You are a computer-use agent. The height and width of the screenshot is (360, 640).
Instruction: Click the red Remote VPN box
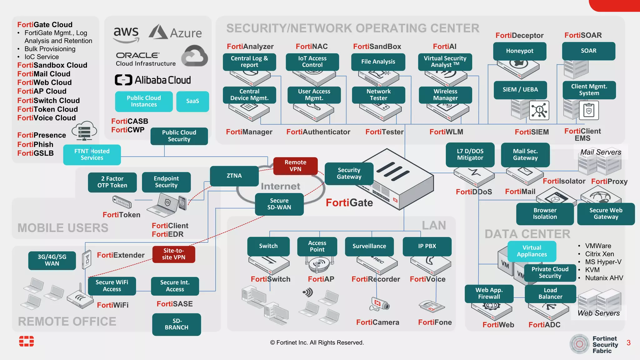click(x=295, y=166)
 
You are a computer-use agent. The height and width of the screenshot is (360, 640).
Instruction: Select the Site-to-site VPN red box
click(x=174, y=254)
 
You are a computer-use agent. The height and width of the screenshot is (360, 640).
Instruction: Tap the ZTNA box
click(x=234, y=176)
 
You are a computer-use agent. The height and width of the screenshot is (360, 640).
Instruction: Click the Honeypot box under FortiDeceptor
click(x=520, y=51)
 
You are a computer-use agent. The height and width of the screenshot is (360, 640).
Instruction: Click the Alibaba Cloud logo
click(x=153, y=80)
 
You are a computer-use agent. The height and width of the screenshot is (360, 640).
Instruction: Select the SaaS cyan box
click(x=192, y=101)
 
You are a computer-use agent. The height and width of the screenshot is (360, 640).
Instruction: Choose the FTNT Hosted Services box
click(x=92, y=154)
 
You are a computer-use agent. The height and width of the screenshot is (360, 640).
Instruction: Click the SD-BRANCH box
click(x=177, y=324)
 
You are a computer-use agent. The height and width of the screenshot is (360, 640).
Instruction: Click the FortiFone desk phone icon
click(x=432, y=306)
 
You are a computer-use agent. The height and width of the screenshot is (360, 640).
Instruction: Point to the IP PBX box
click(x=427, y=246)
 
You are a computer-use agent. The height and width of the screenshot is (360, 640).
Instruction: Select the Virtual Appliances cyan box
click(x=532, y=251)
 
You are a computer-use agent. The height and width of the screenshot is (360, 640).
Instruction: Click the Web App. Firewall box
click(x=489, y=293)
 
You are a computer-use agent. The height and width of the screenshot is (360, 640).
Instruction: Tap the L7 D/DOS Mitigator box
click(x=470, y=155)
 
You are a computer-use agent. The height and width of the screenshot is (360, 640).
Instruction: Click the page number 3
click(x=628, y=343)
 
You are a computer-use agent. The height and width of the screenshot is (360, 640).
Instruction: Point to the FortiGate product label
click(x=349, y=203)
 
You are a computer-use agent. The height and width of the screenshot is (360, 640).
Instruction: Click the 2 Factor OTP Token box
click(x=112, y=182)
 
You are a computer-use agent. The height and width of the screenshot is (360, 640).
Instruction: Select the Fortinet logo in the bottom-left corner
click(x=27, y=341)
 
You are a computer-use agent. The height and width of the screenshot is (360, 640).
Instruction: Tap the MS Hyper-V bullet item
click(x=603, y=262)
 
